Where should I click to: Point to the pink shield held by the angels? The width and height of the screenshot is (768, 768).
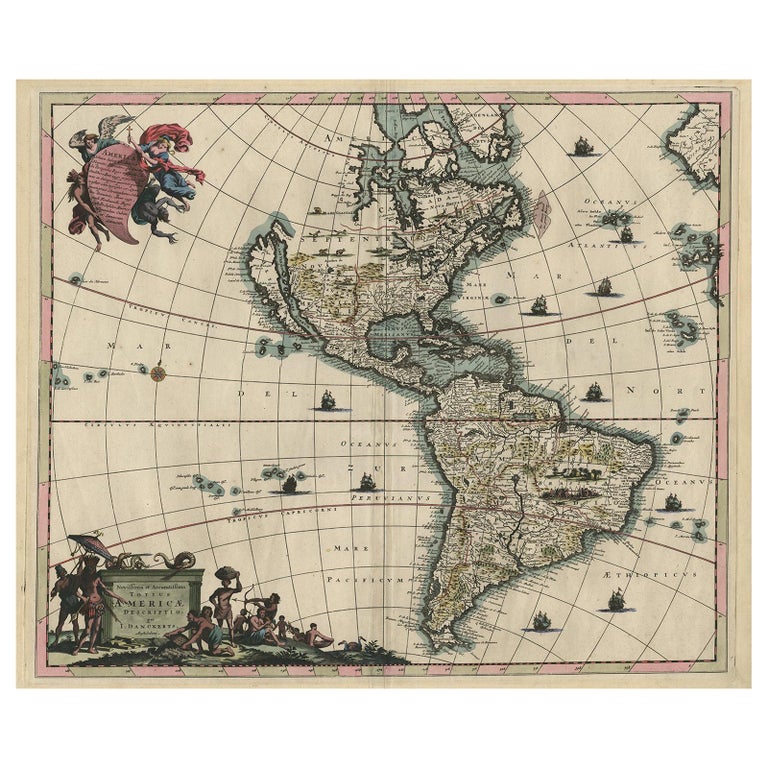coord(108,185)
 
